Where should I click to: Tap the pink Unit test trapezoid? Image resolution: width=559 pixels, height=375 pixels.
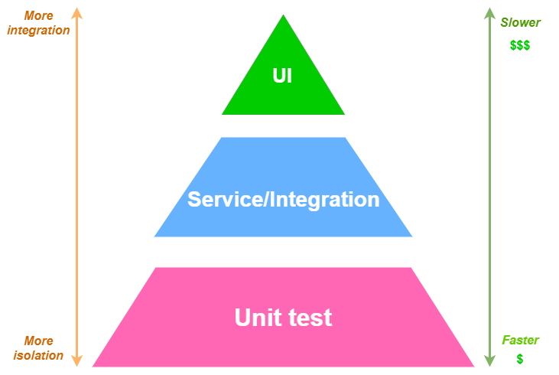(283, 344)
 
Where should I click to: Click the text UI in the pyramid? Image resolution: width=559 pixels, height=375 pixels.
(283, 76)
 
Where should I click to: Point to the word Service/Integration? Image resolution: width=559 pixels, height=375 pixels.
(283, 200)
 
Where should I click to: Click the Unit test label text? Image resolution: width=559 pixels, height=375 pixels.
(283, 318)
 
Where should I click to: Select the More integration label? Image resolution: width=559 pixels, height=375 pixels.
(37, 23)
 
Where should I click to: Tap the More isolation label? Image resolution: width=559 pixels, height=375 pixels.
(38, 348)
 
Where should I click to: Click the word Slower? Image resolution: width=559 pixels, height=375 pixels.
(520, 23)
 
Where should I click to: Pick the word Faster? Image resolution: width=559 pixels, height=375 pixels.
(520, 340)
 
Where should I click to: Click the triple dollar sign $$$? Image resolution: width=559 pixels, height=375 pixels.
(520, 45)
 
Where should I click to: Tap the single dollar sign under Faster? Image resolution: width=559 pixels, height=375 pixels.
(520, 359)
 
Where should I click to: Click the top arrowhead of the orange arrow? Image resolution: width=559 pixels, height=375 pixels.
(76, 13)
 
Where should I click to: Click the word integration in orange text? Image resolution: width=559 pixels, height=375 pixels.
(37, 31)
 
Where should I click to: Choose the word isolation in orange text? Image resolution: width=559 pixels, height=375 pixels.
(38, 356)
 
